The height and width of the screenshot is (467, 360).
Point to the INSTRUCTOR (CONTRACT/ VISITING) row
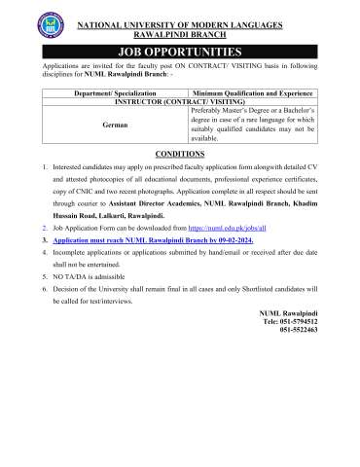pyautogui.click(x=180, y=100)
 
